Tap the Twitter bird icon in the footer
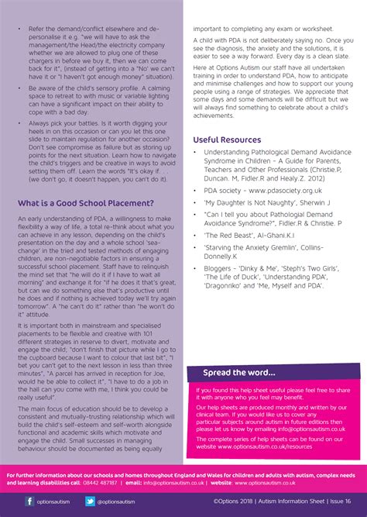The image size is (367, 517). point(89,501)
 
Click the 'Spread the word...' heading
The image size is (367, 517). point(239,372)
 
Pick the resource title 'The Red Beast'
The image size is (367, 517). point(227,233)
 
